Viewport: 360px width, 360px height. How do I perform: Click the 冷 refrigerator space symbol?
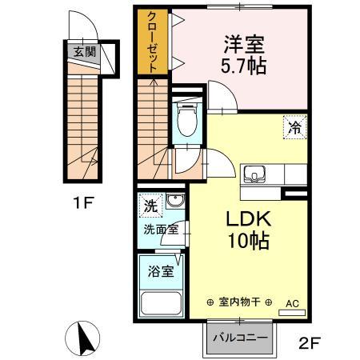coord(294,125)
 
